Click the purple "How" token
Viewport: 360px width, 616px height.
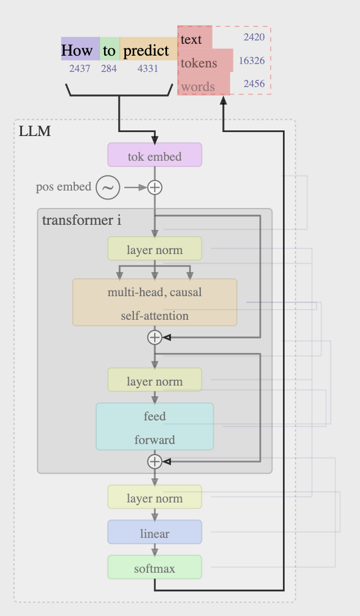(77, 50)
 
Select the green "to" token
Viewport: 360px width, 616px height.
(109, 50)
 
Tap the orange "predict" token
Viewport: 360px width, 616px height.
(146, 50)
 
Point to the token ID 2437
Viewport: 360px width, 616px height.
(80, 69)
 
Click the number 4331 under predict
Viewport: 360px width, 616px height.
(147, 69)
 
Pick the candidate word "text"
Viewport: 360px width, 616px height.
(191, 39)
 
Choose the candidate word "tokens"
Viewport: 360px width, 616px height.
(199, 63)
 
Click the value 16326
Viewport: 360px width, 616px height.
(251, 60)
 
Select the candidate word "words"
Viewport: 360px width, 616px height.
(198, 87)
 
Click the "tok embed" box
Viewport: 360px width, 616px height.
(155, 156)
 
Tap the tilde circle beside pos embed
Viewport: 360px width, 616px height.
(107, 187)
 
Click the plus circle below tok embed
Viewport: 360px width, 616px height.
(155, 187)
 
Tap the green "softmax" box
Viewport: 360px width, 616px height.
(155, 568)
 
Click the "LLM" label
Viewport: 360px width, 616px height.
(34, 132)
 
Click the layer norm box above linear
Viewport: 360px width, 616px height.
(155, 497)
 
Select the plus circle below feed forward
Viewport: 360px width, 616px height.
(155, 461)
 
